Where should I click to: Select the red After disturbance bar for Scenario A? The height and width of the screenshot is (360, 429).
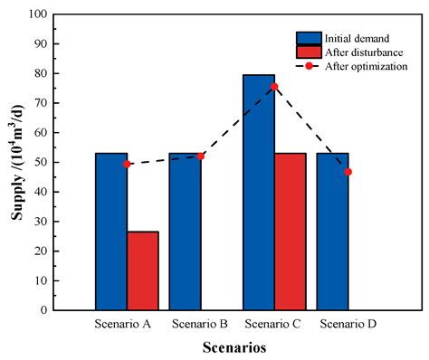click(143, 270)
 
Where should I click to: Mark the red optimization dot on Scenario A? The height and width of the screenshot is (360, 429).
click(127, 164)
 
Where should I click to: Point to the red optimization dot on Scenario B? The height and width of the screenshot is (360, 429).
click(201, 156)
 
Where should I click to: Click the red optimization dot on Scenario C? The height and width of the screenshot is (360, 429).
click(274, 87)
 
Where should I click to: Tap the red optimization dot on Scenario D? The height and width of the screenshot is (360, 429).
click(348, 172)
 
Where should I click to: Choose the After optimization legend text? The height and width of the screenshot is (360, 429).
click(368, 66)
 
